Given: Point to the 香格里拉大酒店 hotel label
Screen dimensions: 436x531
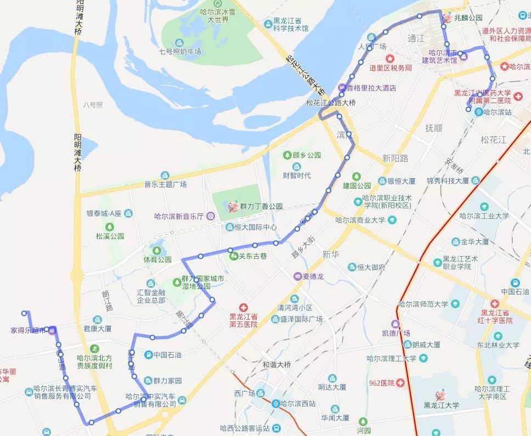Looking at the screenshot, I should tap(371, 87).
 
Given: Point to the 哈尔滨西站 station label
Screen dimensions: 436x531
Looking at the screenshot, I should tap(297, 403).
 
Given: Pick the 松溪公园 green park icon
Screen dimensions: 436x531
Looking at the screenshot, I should tap(110, 227).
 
